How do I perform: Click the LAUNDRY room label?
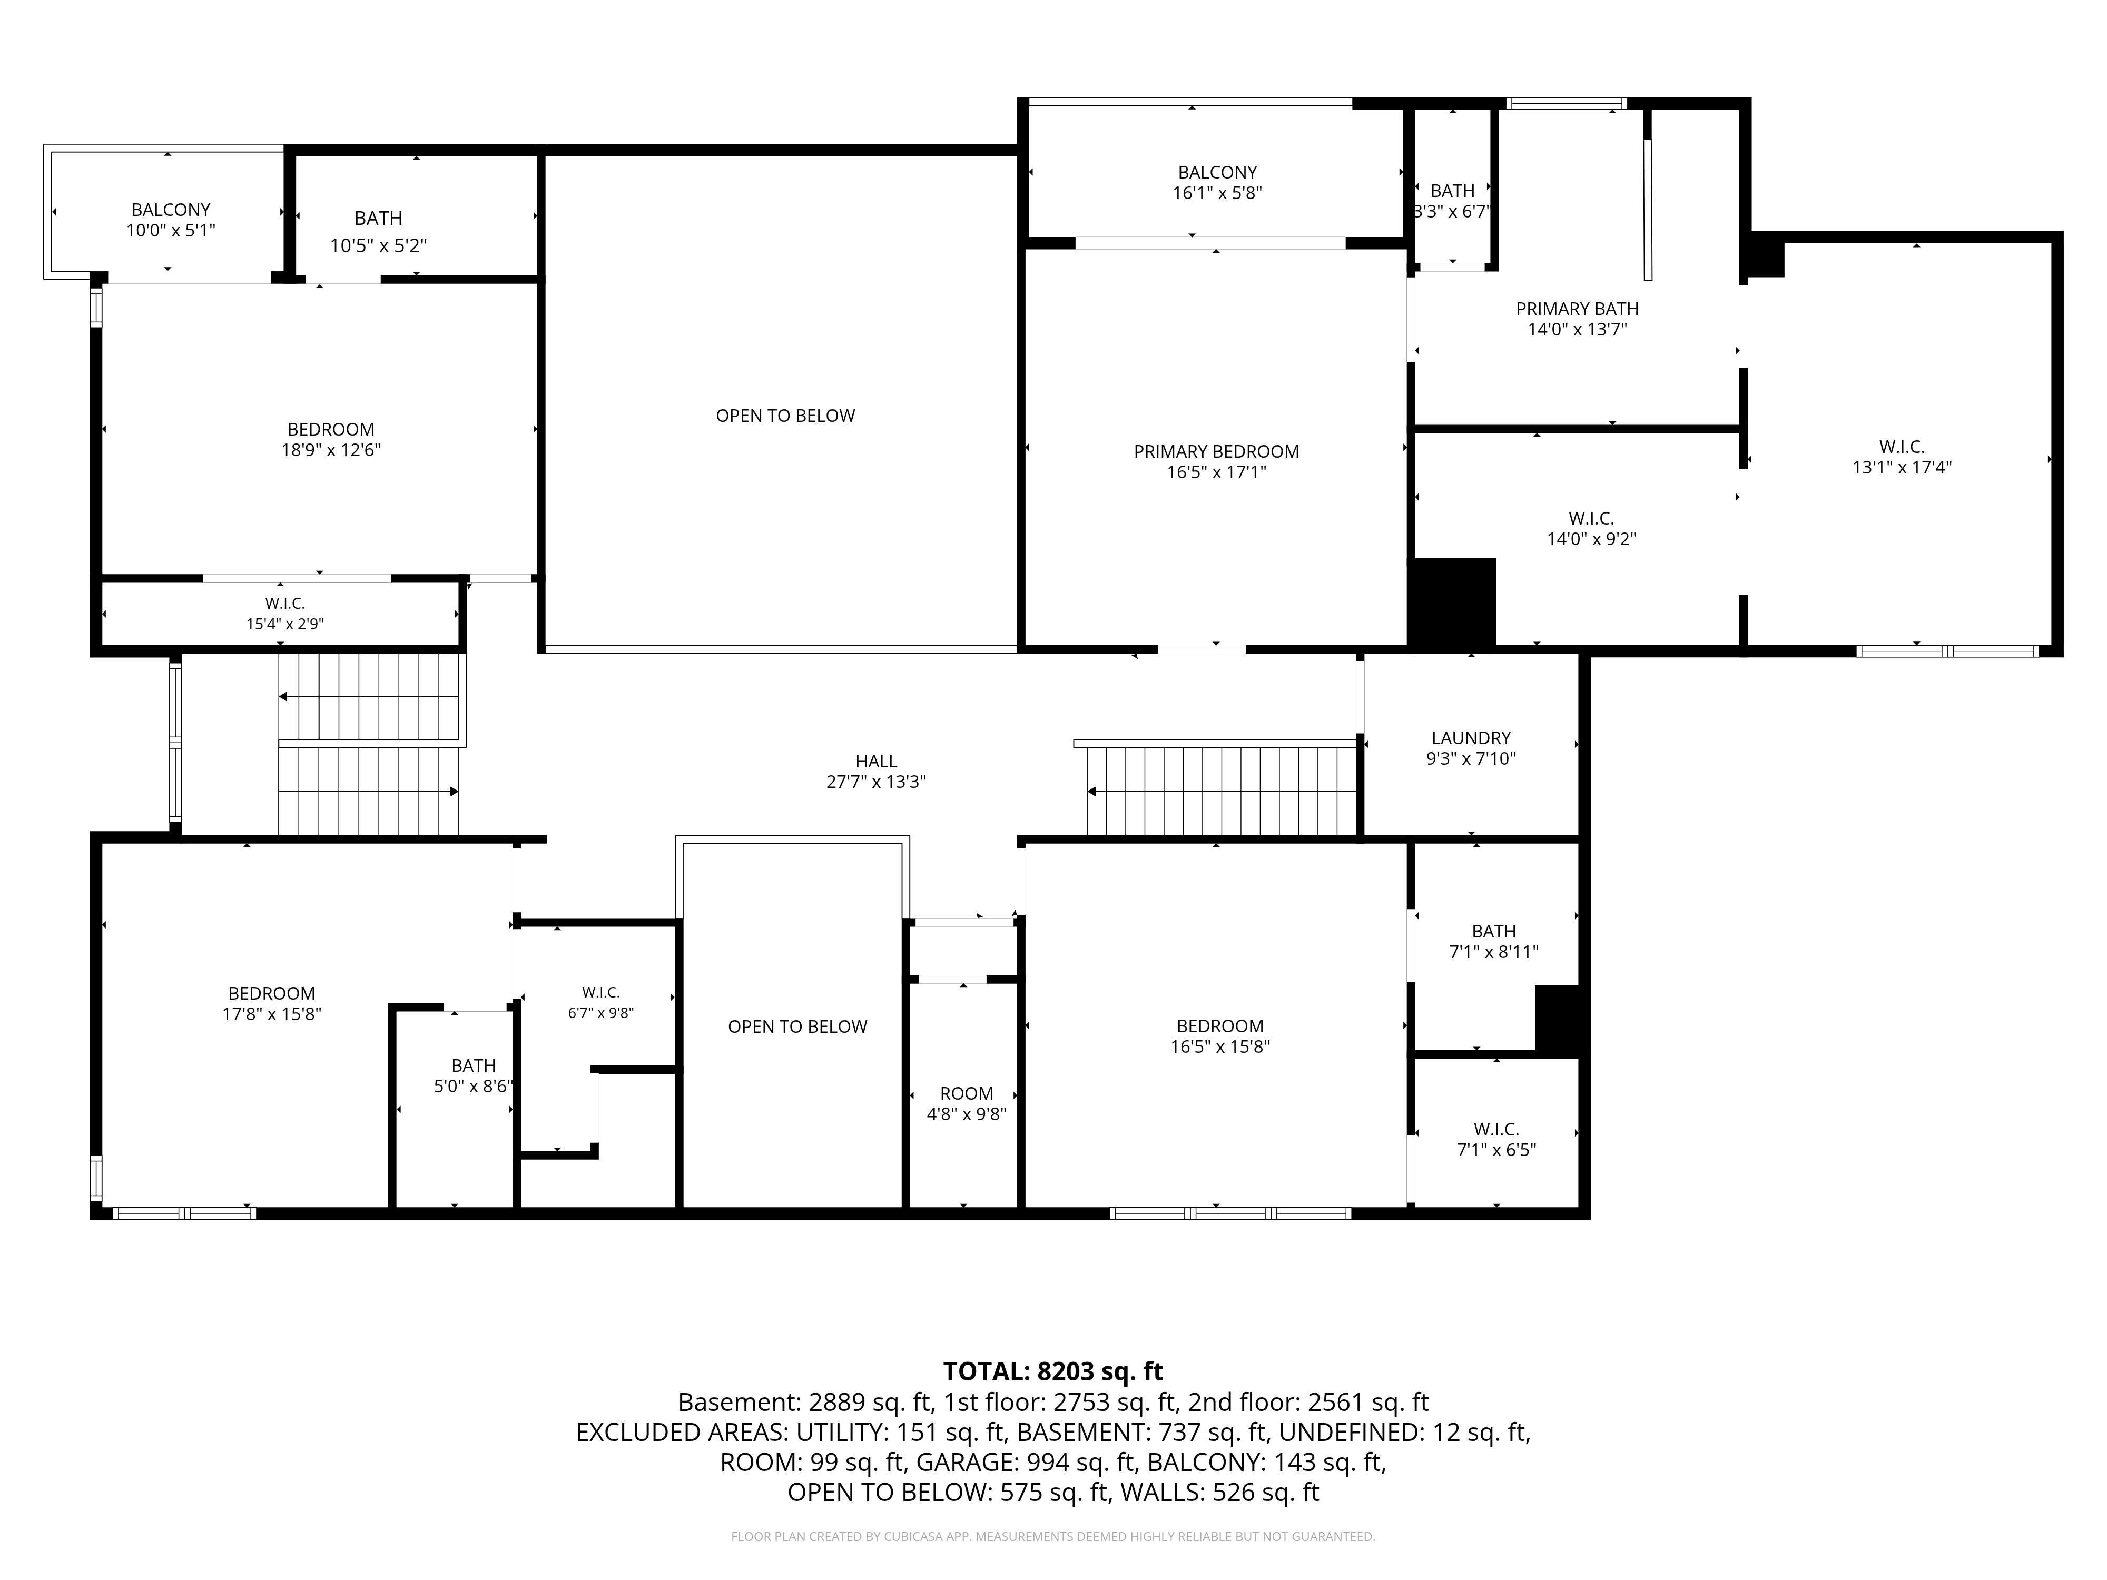[1471, 738]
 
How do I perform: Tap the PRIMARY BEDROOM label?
[1216, 451]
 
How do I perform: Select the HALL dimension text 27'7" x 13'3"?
[875, 782]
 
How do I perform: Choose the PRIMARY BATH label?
[1578, 309]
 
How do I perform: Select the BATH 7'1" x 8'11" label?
[1493, 941]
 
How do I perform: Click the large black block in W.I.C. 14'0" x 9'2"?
[1453, 603]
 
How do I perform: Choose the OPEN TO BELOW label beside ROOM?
[797, 1026]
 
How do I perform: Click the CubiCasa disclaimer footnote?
[1052, 1536]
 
